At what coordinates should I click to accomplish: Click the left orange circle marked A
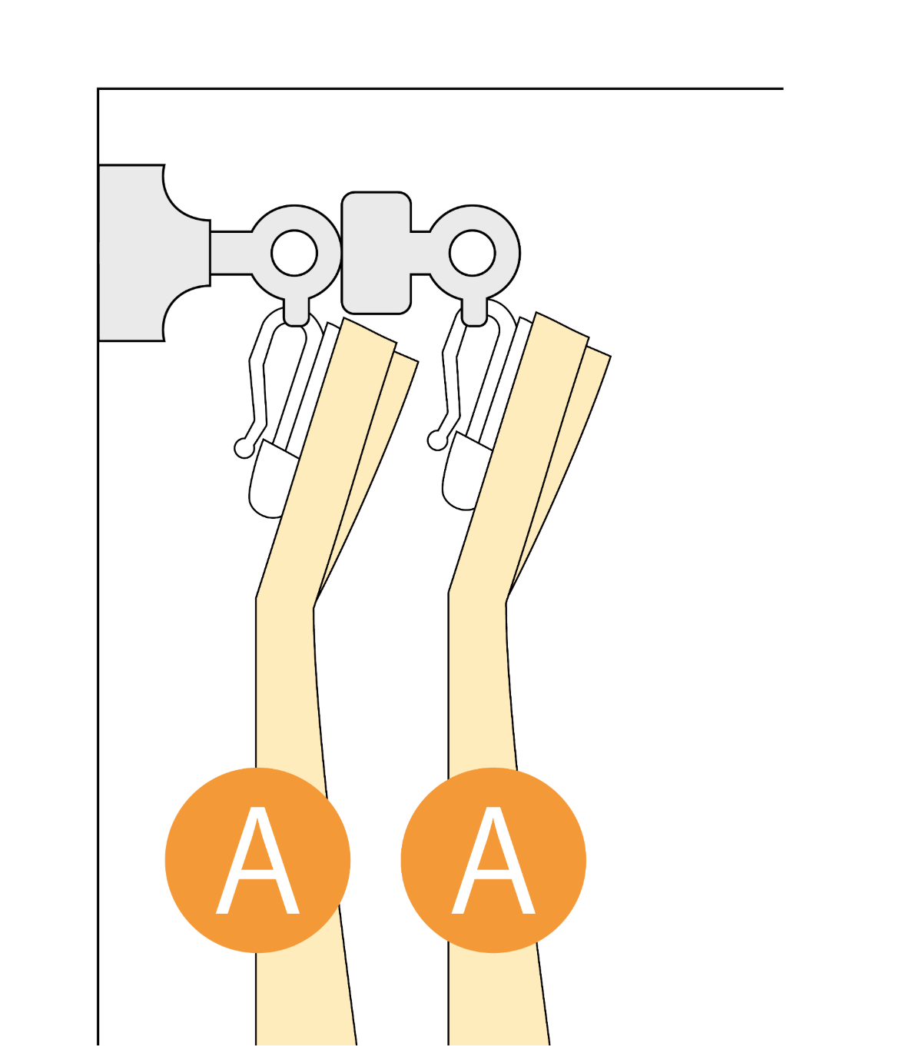pos(257,860)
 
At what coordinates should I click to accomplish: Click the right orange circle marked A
pos(493,860)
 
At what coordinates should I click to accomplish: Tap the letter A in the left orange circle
pos(257,860)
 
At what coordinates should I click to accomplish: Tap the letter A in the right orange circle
pos(493,860)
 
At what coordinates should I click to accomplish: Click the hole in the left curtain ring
pos(294,253)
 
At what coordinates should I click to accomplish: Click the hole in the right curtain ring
pos(472,253)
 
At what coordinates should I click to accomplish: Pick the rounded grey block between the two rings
pos(377,252)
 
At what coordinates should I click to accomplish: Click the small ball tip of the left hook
pos(244,448)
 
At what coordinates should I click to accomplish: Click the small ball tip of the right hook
pos(436,440)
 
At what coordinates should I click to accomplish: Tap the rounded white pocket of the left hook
pos(271,480)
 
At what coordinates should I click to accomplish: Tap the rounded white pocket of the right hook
pos(464,473)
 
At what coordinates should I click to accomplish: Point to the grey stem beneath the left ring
pos(297,310)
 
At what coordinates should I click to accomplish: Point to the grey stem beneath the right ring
pos(474,310)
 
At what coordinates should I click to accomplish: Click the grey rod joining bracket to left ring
pos(231,253)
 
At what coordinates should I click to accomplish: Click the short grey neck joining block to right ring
pos(420,253)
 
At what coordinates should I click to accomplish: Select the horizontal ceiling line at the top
pos(440,89)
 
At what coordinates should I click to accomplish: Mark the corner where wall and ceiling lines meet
pos(98,89)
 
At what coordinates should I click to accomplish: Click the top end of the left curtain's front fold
pos(370,330)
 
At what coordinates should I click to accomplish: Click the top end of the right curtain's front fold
pos(562,325)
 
